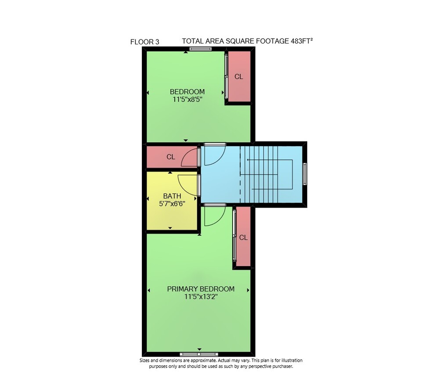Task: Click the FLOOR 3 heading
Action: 144,42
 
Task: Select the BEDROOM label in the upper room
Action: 187,92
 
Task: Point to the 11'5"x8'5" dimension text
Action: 187,99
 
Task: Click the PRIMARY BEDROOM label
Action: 201,289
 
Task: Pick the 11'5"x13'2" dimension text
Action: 201,297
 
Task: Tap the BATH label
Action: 172,196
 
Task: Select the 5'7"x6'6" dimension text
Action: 172,204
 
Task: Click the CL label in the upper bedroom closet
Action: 238,76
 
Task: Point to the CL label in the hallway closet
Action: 171,157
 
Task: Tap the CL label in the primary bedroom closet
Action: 243,238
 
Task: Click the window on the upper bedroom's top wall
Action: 201,49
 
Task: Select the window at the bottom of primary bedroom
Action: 199,354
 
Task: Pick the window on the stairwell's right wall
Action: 305,173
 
